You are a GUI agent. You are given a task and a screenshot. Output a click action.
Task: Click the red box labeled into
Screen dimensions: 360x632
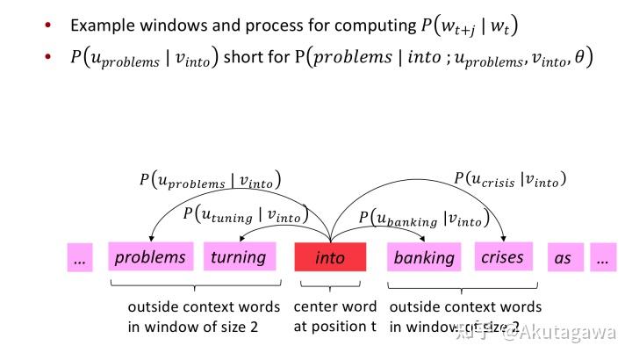tap(330, 257)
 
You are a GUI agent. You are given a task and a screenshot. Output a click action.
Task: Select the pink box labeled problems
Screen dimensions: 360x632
tap(150, 256)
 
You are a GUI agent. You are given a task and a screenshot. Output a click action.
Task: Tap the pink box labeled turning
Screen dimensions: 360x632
tap(238, 256)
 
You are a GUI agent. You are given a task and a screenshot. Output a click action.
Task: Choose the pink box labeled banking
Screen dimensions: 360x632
tap(424, 257)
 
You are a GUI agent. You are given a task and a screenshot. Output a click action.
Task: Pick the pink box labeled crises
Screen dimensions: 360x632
tap(502, 256)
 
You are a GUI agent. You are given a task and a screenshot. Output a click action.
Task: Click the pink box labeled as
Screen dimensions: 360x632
tap(563, 258)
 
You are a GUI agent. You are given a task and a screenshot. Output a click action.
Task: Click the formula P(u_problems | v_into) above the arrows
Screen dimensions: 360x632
tap(210, 180)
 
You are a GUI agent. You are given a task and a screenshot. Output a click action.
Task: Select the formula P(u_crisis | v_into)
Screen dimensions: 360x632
tap(509, 178)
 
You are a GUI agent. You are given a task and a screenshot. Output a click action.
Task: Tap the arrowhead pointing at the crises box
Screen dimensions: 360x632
tap(504, 238)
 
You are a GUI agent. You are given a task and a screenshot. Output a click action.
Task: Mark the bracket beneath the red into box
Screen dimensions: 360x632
tap(330, 285)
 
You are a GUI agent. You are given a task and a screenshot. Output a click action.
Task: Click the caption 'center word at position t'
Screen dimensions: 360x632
tap(334, 317)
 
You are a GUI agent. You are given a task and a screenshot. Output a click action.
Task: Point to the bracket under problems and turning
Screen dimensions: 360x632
tap(194, 285)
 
